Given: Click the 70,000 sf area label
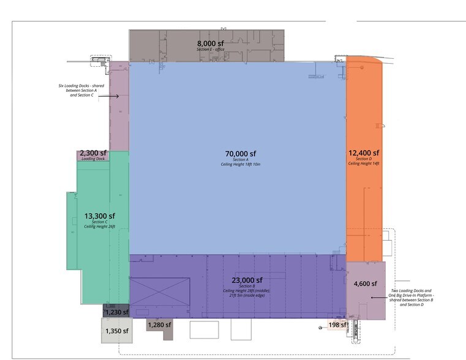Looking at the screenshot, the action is click(x=241, y=154).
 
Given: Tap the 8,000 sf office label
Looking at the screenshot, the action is click(x=211, y=43).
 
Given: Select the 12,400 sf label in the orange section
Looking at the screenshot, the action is click(x=364, y=153).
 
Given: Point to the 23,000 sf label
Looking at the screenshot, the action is click(x=247, y=280).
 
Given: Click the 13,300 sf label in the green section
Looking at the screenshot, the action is click(x=100, y=216).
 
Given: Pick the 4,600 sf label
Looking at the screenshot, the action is click(x=365, y=283).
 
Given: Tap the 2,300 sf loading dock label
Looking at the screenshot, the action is click(x=93, y=153).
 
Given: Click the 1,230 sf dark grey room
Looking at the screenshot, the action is click(x=116, y=310).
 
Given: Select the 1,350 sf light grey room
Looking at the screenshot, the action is click(x=117, y=330).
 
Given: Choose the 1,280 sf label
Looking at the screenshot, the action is click(x=160, y=325).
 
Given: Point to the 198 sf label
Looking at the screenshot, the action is click(x=338, y=325).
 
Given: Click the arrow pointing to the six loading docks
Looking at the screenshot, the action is click(x=108, y=96).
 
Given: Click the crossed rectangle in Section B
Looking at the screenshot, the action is click(x=160, y=291).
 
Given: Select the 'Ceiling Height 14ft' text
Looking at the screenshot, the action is click(x=364, y=163).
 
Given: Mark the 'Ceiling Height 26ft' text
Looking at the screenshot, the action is click(x=100, y=227).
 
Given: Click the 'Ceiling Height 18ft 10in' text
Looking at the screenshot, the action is click(x=241, y=164).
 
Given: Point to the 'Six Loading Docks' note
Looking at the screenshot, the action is click(x=81, y=90).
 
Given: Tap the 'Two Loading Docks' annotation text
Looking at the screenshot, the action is click(x=411, y=298).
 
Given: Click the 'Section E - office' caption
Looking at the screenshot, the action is click(x=211, y=50).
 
